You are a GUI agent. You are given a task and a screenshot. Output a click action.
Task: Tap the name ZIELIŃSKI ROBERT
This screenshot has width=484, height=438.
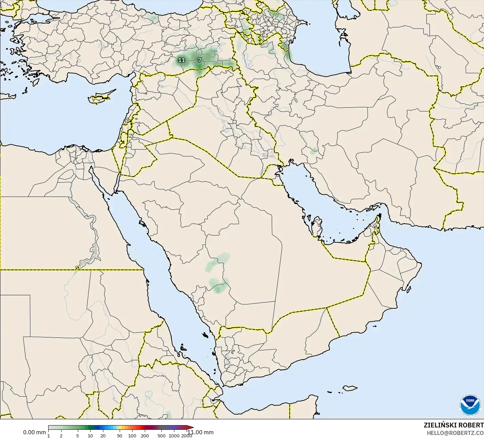[x=453, y=425]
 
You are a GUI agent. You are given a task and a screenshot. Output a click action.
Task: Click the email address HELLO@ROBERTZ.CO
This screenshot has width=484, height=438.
[x=455, y=433]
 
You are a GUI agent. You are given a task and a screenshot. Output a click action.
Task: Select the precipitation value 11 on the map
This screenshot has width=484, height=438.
[x=181, y=60]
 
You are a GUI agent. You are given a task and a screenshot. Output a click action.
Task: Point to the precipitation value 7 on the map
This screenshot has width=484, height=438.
[x=200, y=60]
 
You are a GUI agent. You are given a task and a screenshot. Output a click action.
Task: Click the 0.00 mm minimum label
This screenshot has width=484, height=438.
[x=34, y=432]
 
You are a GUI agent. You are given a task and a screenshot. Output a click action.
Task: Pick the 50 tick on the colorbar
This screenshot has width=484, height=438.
[x=119, y=436]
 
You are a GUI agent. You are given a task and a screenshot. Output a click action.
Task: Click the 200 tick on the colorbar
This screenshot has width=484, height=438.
[x=145, y=436]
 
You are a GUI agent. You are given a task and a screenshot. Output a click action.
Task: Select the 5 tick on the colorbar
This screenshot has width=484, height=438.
[x=77, y=436]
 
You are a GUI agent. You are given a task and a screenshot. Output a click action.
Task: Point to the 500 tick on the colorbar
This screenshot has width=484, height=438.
[x=161, y=436]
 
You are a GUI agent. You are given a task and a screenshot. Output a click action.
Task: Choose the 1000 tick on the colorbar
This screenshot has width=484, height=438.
[x=174, y=436]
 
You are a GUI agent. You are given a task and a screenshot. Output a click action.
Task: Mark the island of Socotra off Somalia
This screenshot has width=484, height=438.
[x=349, y=388]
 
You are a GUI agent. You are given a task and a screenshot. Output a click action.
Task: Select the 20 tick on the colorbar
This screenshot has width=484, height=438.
[x=103, y=436]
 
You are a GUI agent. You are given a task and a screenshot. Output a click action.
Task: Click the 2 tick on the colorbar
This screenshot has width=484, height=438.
[x=61, y=436]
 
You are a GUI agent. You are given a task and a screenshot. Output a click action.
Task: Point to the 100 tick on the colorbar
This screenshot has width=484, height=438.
[x=132, y=436]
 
